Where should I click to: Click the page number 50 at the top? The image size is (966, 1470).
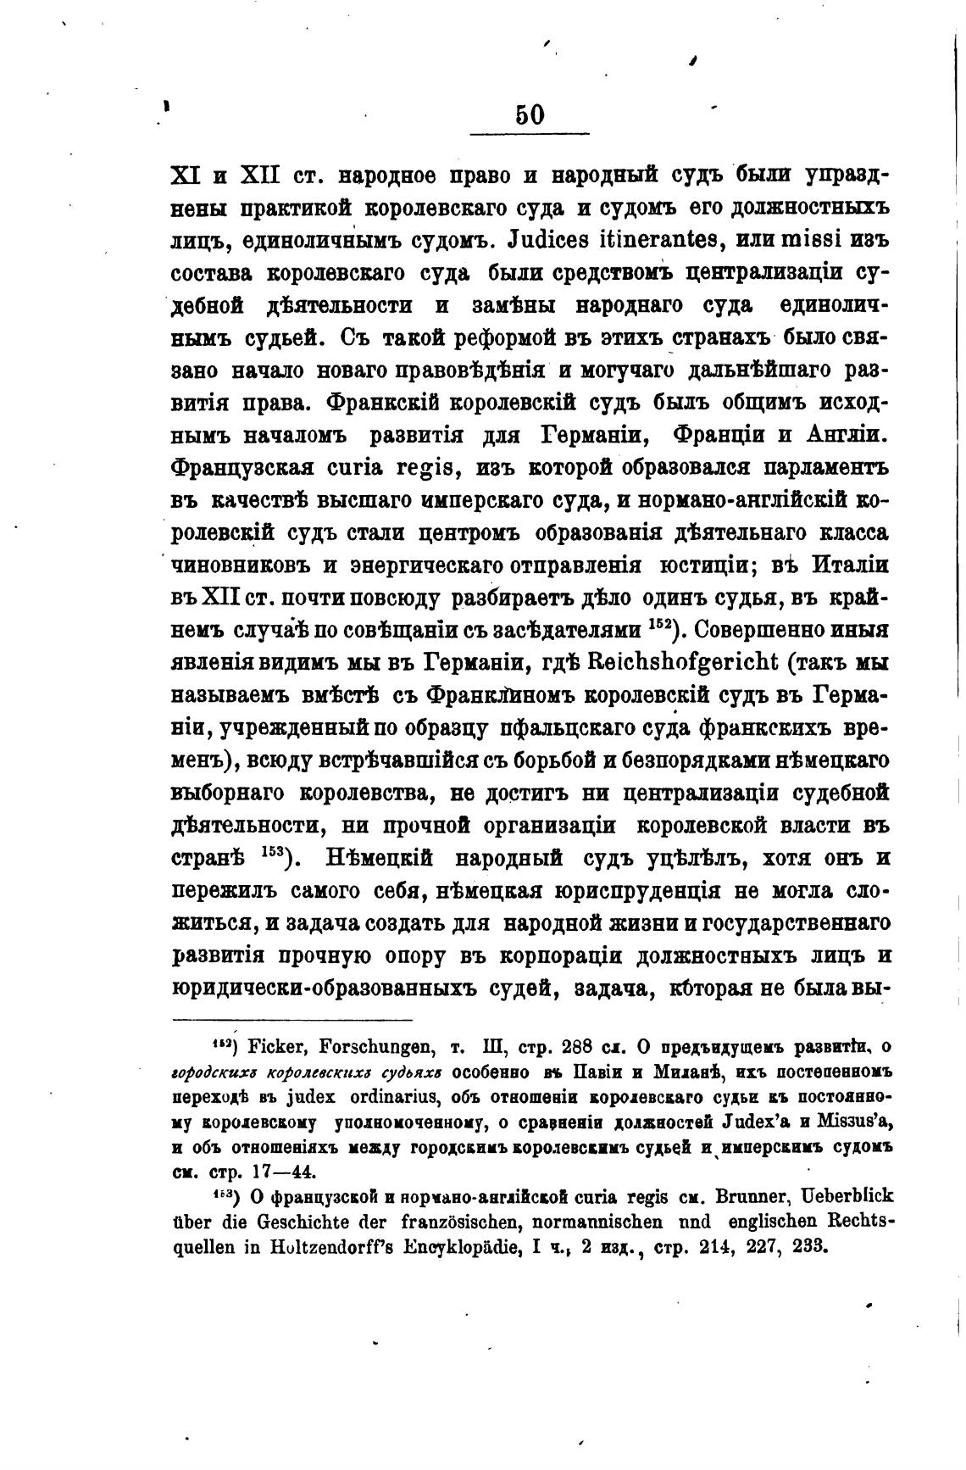click(x=530, y=114)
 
